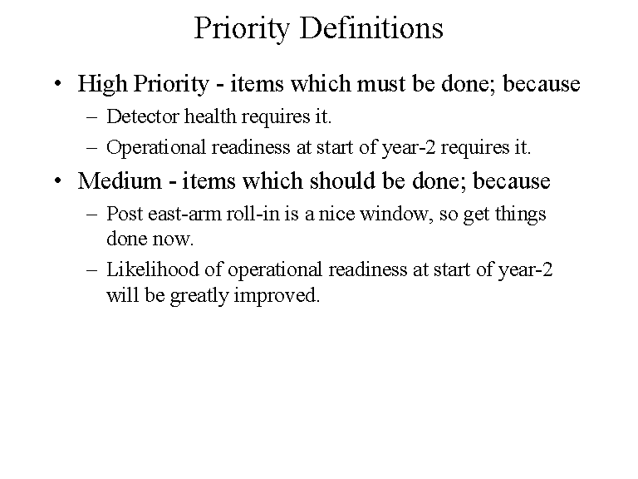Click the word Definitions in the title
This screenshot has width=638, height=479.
pyautogui.click(x=372, y=28)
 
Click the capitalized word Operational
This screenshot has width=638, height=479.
pyautogui.click(x=159, y=148)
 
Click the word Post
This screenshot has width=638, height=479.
pyautogui.click(x=125, y=213)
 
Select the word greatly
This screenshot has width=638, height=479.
pyautogui.click(x=200, y=296)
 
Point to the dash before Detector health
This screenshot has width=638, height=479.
pyautogui.click(x=91, y=116)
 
